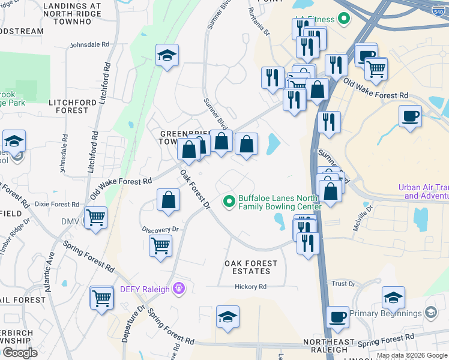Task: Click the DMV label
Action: point(70,222)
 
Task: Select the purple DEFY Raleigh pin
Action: point(178,289)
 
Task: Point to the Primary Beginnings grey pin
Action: point(430,313)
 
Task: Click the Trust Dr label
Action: point(343,284)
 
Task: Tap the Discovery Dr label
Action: point(161,229)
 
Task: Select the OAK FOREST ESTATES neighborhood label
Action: point(251,267)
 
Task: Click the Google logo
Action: point(20,353)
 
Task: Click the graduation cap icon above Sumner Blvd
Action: point(167,56)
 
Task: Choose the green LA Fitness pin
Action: point(344,19)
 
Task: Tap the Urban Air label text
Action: point(423,191)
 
